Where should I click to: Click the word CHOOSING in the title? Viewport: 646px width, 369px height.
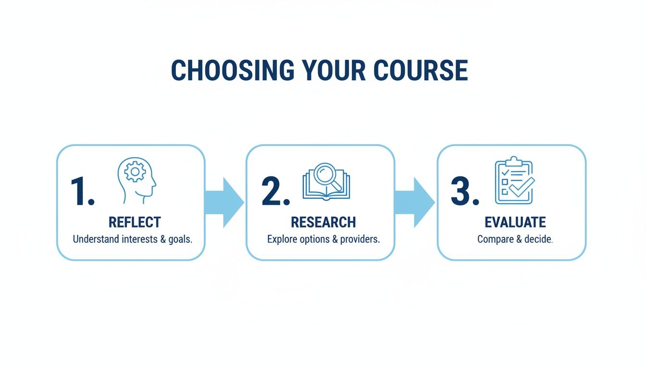[x=233, y=71]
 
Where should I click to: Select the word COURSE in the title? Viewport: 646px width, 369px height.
[x=421, y=71]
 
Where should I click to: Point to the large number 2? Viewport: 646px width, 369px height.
[x=274, y=192]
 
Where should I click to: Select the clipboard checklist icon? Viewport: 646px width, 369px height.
[x=514, y=181]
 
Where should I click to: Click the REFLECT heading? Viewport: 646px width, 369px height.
[x=135, y=222]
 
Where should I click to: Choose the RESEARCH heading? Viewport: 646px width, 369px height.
[x=323, y=222]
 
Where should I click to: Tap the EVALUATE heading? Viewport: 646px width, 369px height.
[x=515, y=222]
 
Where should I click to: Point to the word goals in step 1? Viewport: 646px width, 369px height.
[x=179, y=239]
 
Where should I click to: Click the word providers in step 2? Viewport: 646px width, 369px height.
[x=360, y=239]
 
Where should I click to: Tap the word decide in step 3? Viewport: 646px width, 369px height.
[x=538, y=239]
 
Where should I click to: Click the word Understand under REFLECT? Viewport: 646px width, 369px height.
[x=96, y=239]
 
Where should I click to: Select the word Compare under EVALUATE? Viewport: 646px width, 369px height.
[x=496, y=239]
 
